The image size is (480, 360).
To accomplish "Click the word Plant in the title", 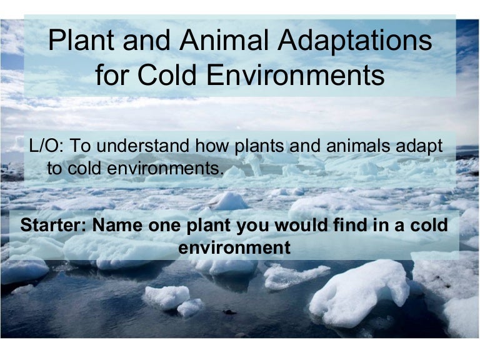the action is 81,40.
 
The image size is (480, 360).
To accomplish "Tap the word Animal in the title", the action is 224,40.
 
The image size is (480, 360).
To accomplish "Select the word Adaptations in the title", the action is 354,42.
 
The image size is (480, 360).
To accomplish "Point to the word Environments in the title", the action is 296,75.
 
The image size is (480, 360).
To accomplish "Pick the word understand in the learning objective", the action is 143,146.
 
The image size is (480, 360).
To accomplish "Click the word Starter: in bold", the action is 53,225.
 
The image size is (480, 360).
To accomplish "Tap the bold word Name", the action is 117,225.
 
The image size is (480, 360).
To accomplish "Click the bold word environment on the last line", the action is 234,247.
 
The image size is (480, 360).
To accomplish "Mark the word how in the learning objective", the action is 212,146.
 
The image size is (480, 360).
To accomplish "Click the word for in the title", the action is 111,75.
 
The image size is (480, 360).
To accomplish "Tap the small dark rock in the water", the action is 229,312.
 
